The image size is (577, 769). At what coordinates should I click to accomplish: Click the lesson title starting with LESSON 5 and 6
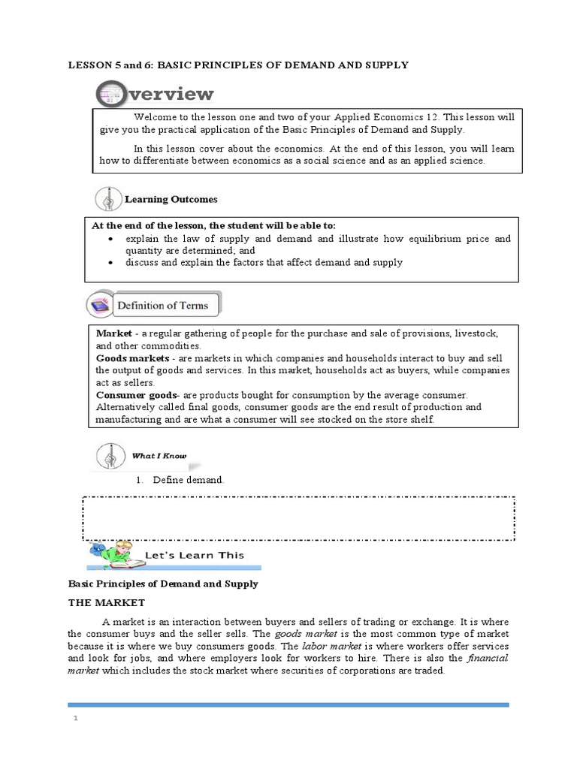[x=238, y=65]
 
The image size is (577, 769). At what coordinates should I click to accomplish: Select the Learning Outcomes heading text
[x=171, y=200]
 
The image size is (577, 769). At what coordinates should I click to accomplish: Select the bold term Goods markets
[x=125, y=358]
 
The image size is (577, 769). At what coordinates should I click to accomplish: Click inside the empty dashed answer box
[x=298, y=517]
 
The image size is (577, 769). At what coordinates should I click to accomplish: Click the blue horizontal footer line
[x=288, y=704]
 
